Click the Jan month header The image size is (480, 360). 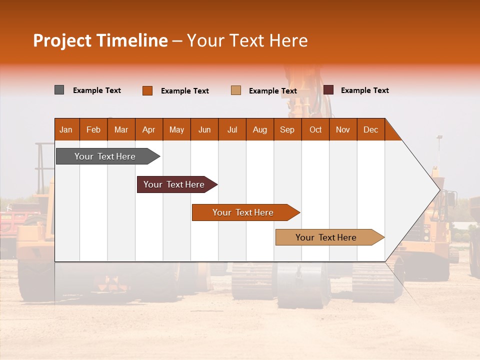(66, 129)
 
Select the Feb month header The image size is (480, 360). (93, 129)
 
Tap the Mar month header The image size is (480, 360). (121, 129)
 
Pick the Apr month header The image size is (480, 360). (149, 129)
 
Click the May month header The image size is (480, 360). (176, 129)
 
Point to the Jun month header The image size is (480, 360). (204, 129)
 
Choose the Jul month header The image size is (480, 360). (232, 129)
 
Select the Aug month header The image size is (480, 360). (260, 129)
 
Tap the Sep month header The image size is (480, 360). (287, 129)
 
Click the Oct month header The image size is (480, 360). (315, 129)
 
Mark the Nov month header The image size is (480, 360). (343, 129)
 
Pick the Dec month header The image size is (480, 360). (371, 129)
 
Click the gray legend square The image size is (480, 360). (59, 90)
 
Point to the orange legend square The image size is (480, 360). (147, 90)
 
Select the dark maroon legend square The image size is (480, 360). (328, 90)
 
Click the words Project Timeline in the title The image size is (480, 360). (100, 40)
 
